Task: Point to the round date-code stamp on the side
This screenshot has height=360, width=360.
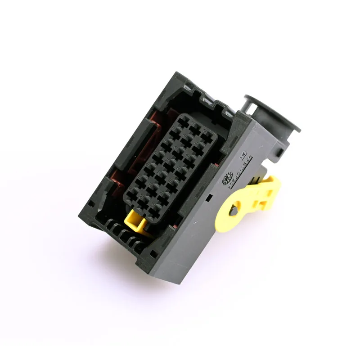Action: tap(226, 177)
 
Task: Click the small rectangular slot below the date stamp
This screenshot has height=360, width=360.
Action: tap(208, 197)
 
